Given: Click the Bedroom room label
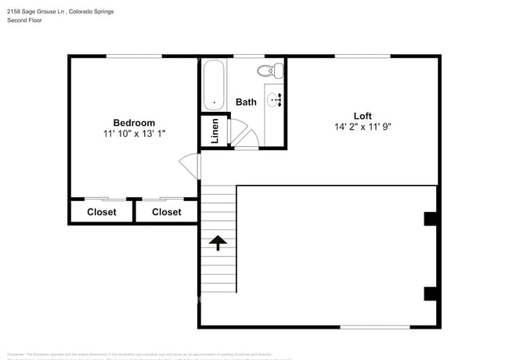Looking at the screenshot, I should click(134, 123).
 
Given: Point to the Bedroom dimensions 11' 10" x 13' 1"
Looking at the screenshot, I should click(134, 135).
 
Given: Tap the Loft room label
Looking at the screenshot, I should click(363, 116).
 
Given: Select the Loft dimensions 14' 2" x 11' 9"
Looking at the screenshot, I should click(363, 128).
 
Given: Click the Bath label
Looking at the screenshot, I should click(246, 103).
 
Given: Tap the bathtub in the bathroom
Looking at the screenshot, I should click(214, 86).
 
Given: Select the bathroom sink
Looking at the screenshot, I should click(274, 99).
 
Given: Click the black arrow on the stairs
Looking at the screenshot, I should click(218, 243).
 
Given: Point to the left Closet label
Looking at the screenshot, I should click(101, 212).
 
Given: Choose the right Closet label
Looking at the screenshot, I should click(166, 212).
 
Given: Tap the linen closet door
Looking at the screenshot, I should click(238, 131).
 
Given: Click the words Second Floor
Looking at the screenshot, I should click(25, 20).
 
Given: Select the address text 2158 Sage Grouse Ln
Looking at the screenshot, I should click(37, 10).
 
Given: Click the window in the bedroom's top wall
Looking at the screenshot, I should click(134, 56).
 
